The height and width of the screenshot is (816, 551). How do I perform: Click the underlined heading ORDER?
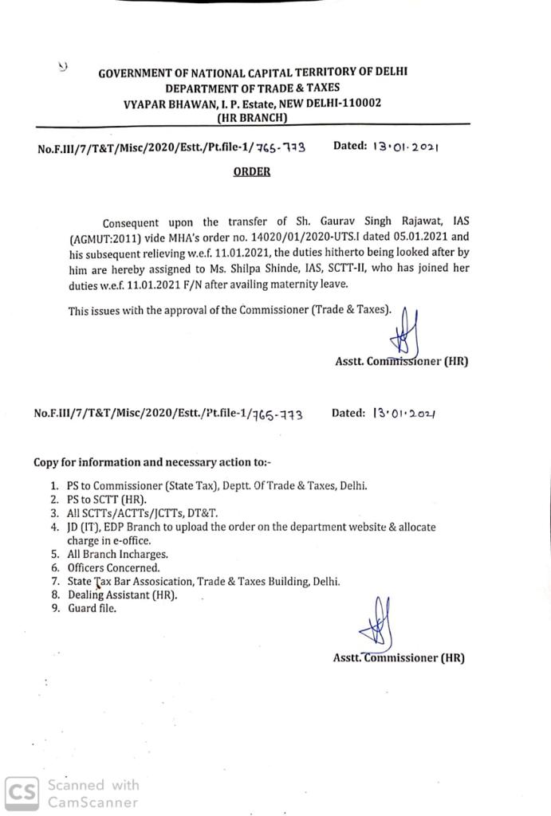tap(252, 171)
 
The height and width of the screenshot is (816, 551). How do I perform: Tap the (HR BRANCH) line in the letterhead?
tap(252, 117)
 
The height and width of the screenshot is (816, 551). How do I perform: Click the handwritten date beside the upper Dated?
tap(404, 147)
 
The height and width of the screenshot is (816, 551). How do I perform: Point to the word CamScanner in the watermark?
tap(92, 803)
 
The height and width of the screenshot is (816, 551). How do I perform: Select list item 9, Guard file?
tap(92, 608)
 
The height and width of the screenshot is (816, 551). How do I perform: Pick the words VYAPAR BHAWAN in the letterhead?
tap(165, 103)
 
